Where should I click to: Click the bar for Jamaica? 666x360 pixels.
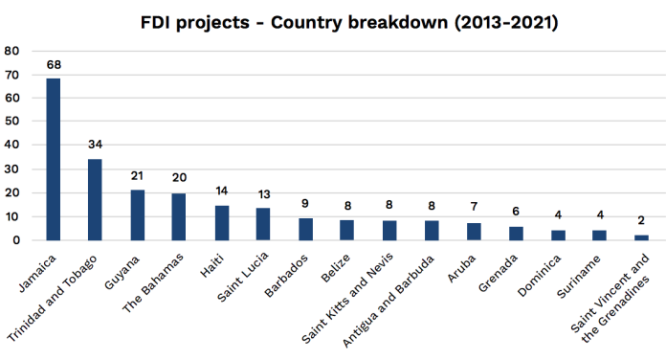pyautogui.click(x=54, y=159)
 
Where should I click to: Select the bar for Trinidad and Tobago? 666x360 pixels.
pyautogui.click(x=95, y=199)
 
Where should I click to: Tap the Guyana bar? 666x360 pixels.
pyautogui.click(x=137, y=214)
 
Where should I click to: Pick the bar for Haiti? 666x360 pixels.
pyautogui.click(x=221, y=223)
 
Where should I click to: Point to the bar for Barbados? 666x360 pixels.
pyautogui.click(x=305, y=229)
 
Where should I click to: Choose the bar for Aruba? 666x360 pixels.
pyautogui.click(x=473, y=232)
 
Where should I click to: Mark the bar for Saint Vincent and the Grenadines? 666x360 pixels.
pyautogui.click(x=640, y=237)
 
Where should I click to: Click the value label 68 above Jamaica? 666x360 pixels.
pyautogui.click(x=54, y=66)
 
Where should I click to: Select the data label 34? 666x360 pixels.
pyautogui.click(x=95, y=146)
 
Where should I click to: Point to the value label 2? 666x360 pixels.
pyautogui.click(x=640, y=222)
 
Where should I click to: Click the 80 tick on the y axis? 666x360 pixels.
pyautogui.click(x=11, y=51)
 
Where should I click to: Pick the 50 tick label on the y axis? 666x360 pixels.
pyautogui.click(x=11, y=122)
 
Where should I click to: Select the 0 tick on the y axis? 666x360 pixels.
pyautogui.click(x=15, y=240)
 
